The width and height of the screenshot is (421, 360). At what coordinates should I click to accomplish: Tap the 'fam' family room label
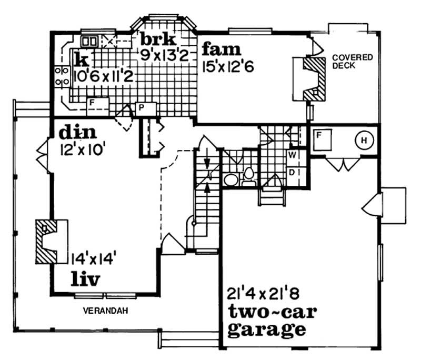pyautogui.click(x=221, y=51)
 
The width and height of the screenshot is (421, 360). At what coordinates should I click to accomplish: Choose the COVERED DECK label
pyautogui.click(x=352, y=61)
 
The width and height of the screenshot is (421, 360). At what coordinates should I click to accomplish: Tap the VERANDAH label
pyautogui.click(x=106, y=311)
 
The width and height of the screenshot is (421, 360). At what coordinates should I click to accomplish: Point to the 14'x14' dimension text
pyautogui.click(x=93, y=258)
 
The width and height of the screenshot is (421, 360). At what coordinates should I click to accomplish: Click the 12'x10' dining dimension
pyautogui.click(x=83, y=148)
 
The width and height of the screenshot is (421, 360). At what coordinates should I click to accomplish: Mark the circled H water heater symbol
pyautogui.click(x=363, y=141)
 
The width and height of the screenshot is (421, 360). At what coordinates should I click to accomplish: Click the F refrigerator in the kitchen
pyautogui.click(x=92, y=102)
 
